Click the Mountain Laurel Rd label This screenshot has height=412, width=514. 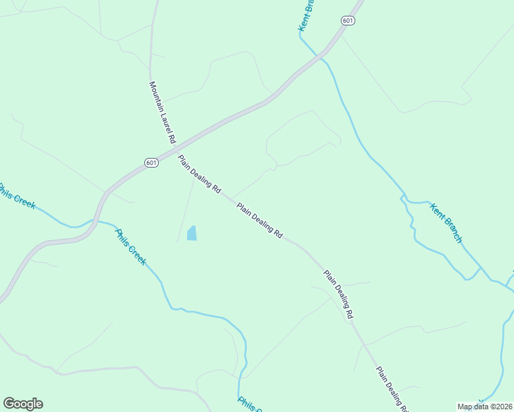162,112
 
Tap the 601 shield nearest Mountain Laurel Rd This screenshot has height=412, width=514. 152,163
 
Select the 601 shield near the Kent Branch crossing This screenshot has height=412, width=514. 348,21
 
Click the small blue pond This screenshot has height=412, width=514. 192,233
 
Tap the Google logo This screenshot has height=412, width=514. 23,404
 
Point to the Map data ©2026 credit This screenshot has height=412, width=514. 484,407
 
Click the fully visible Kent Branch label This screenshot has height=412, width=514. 446,222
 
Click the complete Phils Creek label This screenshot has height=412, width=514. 130,247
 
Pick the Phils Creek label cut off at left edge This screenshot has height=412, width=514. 15,196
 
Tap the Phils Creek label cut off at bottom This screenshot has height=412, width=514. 248,404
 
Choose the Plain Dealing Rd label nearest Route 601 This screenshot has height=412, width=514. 199,173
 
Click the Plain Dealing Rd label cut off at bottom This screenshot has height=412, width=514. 392,389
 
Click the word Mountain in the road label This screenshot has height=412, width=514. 156,95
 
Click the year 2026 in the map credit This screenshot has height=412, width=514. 502,407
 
